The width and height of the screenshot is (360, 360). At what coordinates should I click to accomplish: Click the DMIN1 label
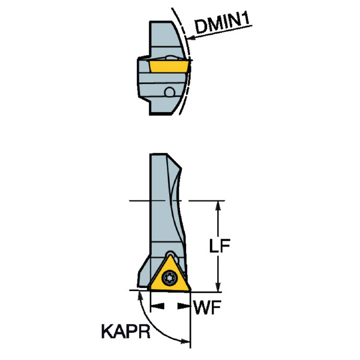point(222,23)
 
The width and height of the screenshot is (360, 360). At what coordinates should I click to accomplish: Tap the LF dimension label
point(220,245)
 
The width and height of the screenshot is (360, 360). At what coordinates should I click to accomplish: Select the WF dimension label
point(208,307)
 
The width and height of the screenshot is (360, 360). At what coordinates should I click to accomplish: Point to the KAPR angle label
point(126,331)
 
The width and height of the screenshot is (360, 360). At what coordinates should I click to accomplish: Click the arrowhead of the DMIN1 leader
point(191,38)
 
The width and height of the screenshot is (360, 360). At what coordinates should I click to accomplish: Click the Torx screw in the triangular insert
point(169,278)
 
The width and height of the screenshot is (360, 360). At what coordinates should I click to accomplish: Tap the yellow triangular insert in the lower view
point(170,275)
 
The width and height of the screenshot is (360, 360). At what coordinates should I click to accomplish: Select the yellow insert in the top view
point(169,66)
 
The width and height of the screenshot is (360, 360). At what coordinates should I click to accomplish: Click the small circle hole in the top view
point(170,92)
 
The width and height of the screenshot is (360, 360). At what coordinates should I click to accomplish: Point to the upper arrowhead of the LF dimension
point(218,206)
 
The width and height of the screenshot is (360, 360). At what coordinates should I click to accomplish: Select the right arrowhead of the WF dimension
point(184,306)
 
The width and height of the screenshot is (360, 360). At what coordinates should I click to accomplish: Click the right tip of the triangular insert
point(191,290)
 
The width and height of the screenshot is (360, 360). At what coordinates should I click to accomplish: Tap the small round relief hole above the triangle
point(170,253)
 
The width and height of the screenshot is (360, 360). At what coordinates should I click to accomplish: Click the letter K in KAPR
point(107,331)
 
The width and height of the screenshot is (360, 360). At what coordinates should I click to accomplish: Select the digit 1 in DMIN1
point(246,19)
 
